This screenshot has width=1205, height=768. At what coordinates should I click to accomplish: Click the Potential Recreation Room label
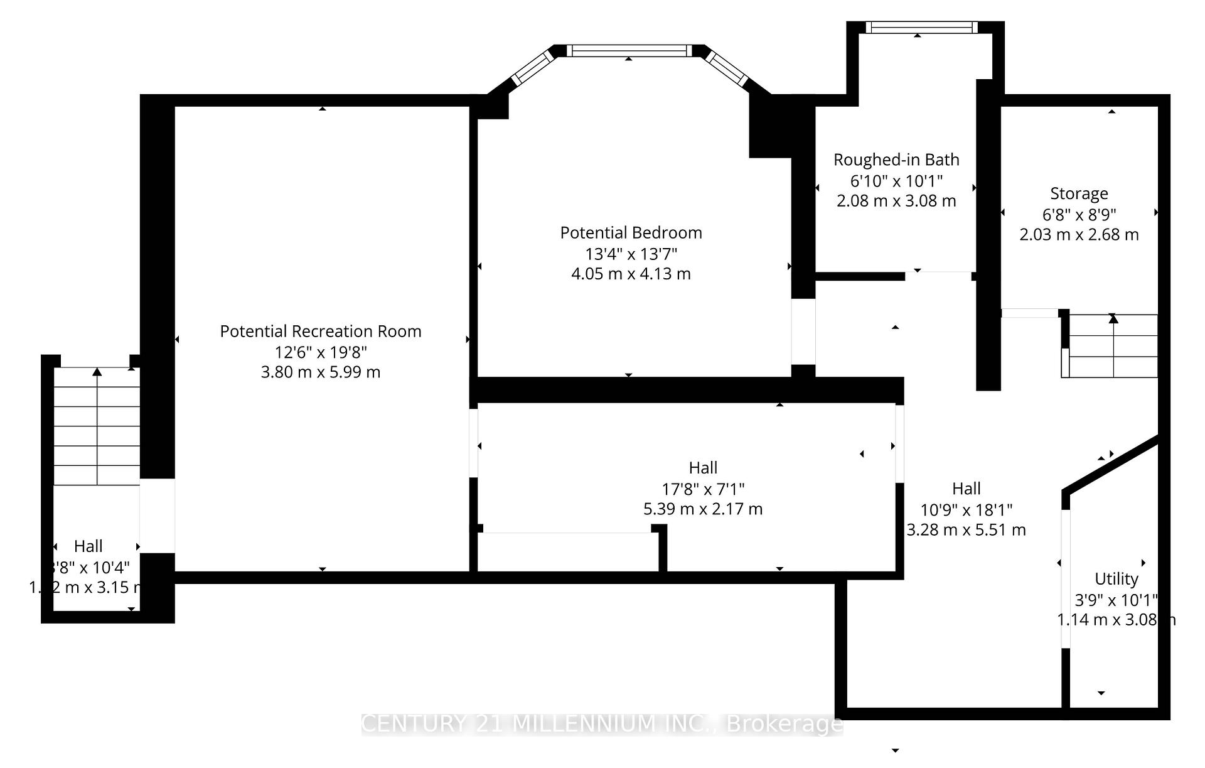pos(320,332)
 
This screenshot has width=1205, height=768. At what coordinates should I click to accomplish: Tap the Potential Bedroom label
pos(631,233)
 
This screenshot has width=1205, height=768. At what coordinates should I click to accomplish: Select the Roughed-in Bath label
pos(896,160)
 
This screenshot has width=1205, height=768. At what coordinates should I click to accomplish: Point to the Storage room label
pos(1079,193)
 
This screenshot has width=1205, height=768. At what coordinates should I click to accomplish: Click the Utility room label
pos(1116,579)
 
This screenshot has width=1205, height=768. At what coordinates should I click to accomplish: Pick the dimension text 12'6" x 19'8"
pos(320,352)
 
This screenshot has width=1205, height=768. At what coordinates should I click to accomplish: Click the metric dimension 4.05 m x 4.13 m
pos(631,274)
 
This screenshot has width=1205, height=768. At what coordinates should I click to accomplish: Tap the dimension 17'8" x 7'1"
pos(703,489)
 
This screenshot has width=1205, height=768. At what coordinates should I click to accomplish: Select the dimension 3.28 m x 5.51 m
pos(966,530)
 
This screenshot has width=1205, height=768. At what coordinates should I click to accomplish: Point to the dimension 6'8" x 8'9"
pos(1079,215)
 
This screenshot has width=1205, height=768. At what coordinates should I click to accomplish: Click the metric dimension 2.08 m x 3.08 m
pos(896,201)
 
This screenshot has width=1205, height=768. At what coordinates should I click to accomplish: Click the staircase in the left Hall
pos(97,427)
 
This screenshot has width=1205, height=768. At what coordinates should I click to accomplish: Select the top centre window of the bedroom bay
pos(629,51)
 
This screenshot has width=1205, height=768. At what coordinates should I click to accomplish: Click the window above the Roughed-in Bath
pos(921,27)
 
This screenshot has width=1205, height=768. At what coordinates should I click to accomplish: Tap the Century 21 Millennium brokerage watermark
pos(602,724)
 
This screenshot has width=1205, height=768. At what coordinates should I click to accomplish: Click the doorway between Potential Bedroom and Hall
pos(803,332)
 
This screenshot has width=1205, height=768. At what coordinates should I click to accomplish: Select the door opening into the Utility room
pos(1065,578)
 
